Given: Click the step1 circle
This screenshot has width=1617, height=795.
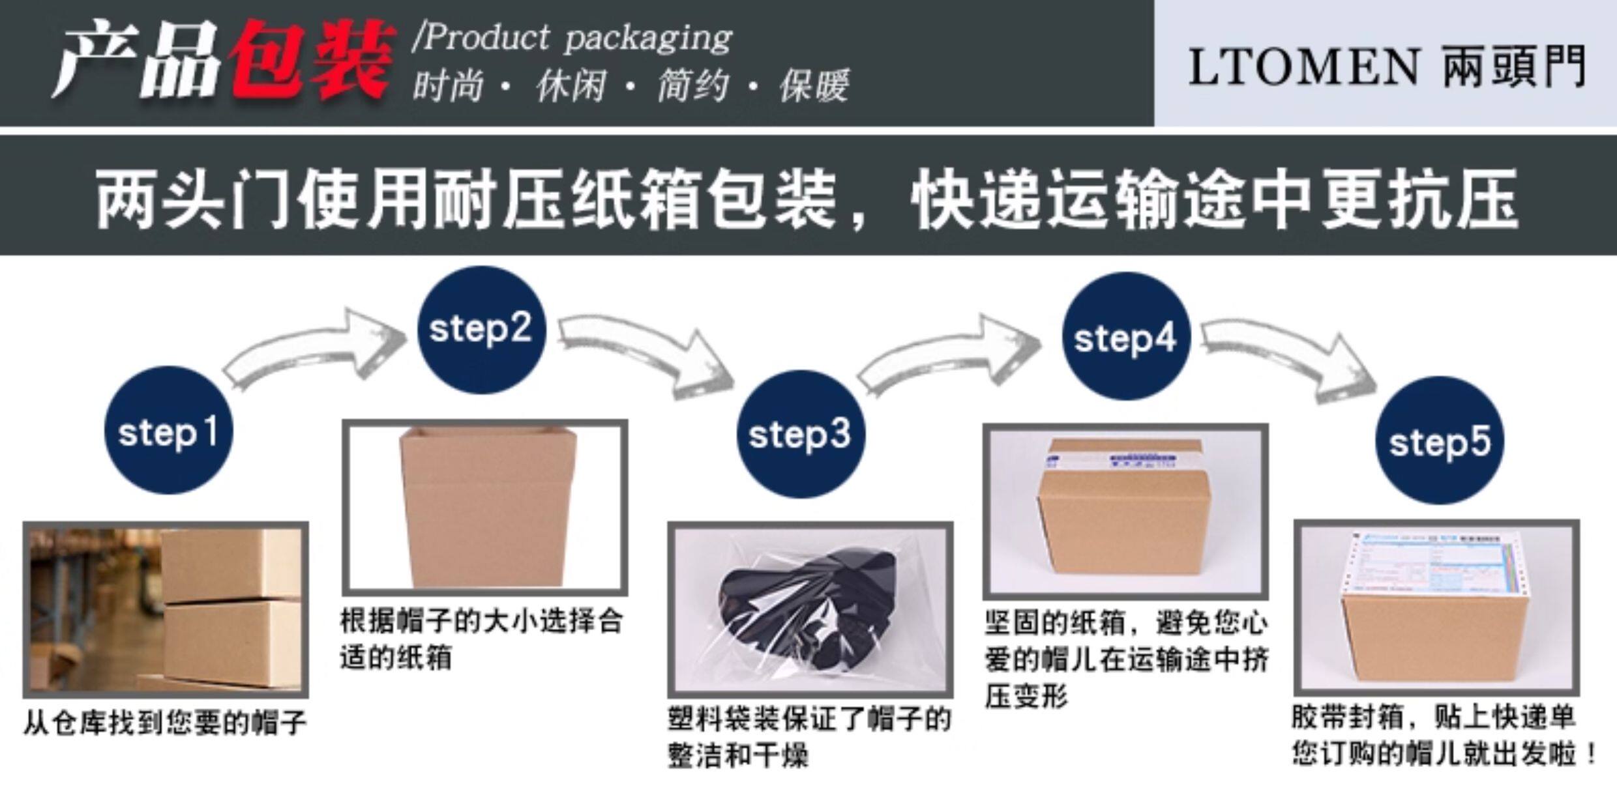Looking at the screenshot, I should (x=168, y=430).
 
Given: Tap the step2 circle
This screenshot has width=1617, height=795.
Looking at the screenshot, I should (x=481, y=330).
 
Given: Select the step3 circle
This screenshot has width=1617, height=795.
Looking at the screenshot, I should (x=801, y=434).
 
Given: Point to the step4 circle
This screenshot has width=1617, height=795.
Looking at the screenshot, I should (x=1125, y=337).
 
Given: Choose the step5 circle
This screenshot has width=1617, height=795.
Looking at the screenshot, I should (x=1440, y=441).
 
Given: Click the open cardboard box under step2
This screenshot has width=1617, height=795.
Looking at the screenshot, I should (x=486, y=505).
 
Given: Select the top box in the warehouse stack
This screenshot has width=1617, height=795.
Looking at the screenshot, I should (x=231, y=564).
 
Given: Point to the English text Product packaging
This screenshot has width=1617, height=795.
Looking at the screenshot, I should (x=574, y=38).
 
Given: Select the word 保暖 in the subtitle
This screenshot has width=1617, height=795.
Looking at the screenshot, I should (x=814, y=86).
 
